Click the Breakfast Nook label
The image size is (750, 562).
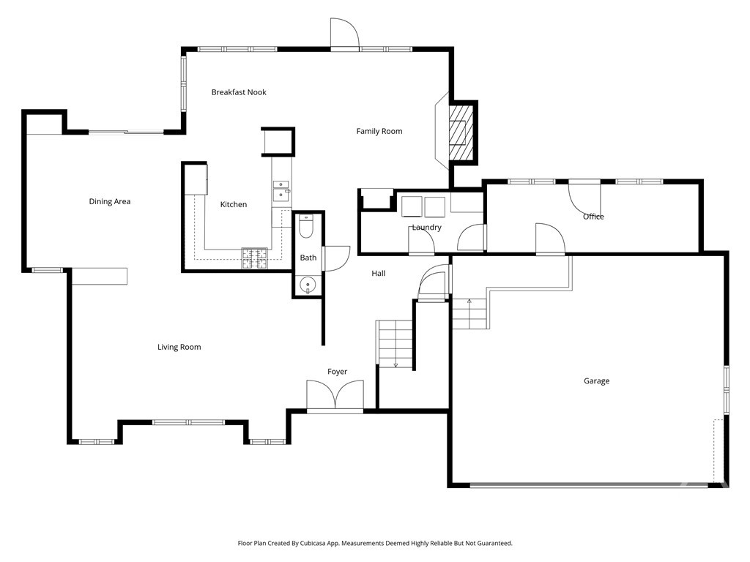pos(239,92)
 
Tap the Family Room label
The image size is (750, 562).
pos(379,132)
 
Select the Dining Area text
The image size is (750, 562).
pos(110,201)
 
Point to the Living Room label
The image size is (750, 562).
pos(179,347)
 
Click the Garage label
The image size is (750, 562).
pos(596,381)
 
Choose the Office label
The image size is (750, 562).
pos(593,217)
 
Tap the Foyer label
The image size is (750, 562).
pos(337,372)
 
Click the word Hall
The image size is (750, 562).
pos(378,274)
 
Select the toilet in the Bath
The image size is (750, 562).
pos(307,228)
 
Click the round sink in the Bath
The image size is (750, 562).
pos(308,285)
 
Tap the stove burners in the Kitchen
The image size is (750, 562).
pos(256,257)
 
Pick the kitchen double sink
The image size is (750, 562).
pos(281,190)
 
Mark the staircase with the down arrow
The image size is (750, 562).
pos(396,344)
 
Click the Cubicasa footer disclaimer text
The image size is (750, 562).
pos(375,544)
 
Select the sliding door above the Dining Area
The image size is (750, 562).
pos(126,132)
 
